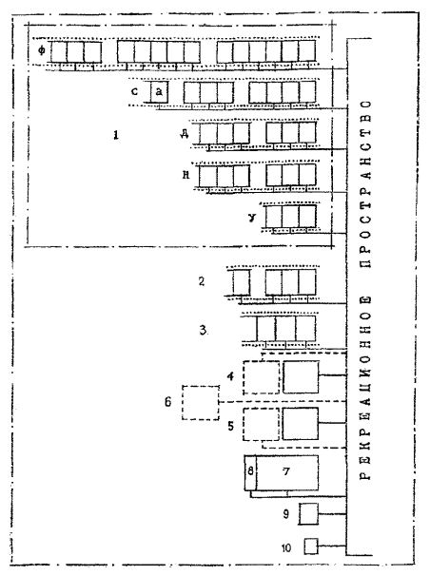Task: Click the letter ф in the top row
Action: (42, 50)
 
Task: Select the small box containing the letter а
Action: (159, 91)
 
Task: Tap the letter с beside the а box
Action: (135, 91)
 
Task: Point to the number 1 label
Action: (116, 135)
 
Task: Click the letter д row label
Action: (185, 134)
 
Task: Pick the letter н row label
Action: (186, 175)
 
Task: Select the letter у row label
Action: (252, 218)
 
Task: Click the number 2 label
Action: (202, 281)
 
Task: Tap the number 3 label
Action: (203, 330)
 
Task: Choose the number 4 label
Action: (230, 376)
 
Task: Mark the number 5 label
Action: (230, 426)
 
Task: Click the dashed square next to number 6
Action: (201, 402)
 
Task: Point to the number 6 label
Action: (167, 402)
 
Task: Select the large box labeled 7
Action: (287, 472)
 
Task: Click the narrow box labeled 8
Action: (250, 472)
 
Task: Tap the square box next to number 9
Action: (309, 514)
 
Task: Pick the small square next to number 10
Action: (311, 546)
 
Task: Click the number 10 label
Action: (286, 548)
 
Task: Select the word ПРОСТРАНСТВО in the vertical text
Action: (365, 183)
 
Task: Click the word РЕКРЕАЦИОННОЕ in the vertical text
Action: (365, 388)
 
